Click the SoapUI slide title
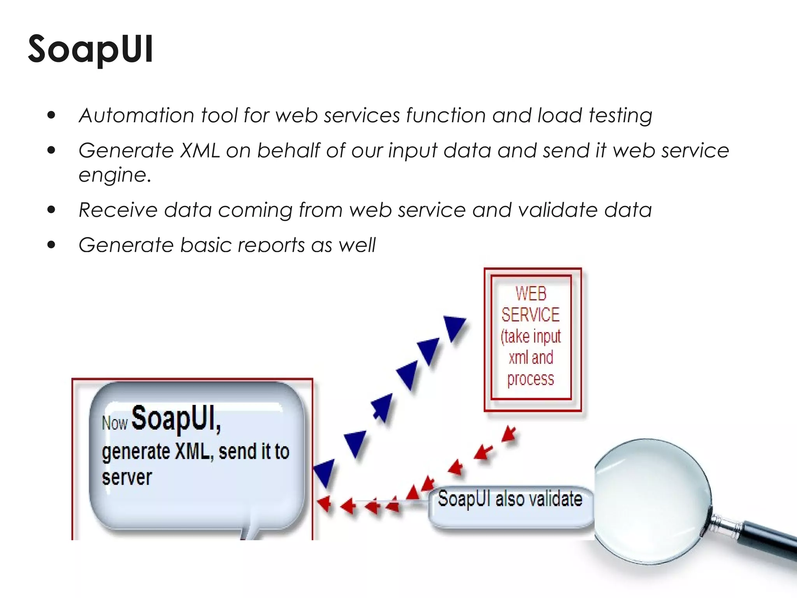90,49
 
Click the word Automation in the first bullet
137,116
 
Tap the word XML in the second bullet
200,151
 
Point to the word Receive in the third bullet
118,210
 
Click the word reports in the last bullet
271,245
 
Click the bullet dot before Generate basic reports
51,245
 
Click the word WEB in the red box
531,294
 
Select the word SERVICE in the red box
530,315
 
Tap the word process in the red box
530,379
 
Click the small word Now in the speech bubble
114,423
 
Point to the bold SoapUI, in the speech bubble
176,419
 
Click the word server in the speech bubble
126,478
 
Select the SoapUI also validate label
510,500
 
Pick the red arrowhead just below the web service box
509,434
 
